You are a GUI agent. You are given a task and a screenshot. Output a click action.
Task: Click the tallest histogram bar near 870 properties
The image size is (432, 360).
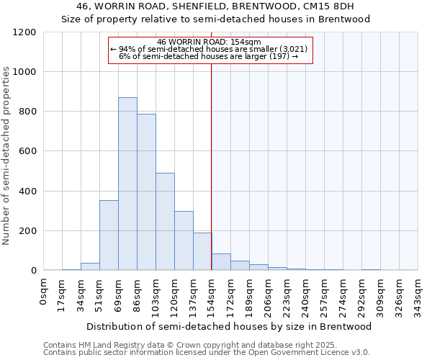[127, 184]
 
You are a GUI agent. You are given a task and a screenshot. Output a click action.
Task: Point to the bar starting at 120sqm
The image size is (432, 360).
[184, 241]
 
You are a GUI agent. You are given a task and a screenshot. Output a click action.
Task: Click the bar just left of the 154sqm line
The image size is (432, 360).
[202, 252]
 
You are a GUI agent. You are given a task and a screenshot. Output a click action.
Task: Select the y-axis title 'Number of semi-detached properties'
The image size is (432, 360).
[7, 156]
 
